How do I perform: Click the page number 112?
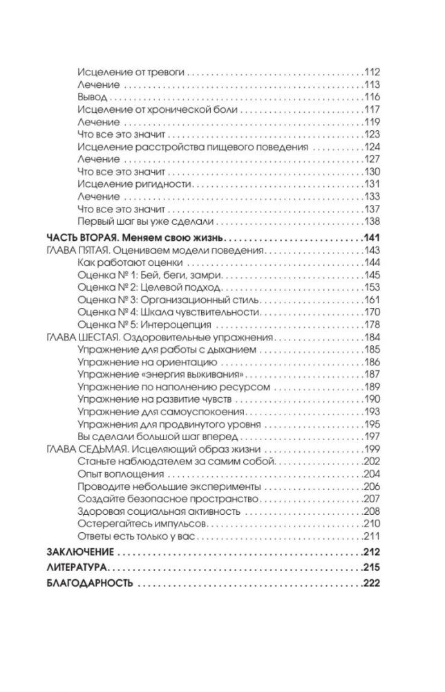click(x=372, y=71)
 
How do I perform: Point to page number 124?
click(x=372, y=147)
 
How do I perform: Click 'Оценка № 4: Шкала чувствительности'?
click(x=159, y=313)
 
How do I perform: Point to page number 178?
click(x=372, y=326)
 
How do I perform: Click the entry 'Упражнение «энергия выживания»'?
click(x=146, y=375)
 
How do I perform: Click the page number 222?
click(x=372, y=583)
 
